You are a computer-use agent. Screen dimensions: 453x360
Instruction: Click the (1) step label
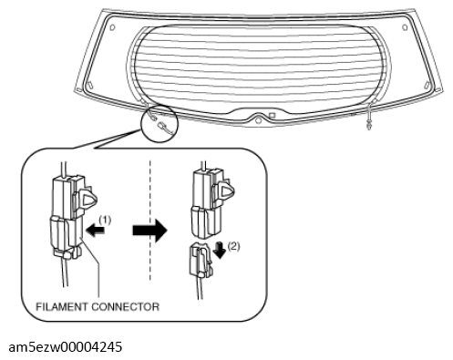(105, 220)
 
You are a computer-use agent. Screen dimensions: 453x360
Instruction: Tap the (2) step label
(233, 246)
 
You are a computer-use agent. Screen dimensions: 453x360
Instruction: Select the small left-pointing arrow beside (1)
(96, 231)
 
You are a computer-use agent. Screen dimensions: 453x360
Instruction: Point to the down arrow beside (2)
(220, 250)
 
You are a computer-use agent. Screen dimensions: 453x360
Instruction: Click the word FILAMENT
(62, 306)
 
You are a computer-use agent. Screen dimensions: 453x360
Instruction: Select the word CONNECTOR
(125, 306)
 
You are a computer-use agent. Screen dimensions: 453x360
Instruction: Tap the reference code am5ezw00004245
(66, 346)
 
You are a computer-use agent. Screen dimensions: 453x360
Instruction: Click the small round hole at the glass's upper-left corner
(112, 27)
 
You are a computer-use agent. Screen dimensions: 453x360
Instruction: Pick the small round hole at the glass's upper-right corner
(405, 27)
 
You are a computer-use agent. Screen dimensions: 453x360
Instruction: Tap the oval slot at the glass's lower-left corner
(89, 84)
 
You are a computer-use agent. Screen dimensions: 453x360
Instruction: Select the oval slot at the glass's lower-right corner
(426, 84)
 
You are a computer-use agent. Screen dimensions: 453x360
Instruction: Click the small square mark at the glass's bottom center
(272, 116)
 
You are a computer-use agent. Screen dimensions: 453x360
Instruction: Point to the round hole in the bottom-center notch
(258, 120)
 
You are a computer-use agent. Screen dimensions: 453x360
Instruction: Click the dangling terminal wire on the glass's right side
(369, 117)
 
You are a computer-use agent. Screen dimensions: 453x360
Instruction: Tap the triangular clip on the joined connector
(88, 199)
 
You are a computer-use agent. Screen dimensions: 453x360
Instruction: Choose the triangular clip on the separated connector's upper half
(226, 190)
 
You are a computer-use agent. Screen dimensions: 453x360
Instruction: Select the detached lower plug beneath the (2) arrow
(201, 260)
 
